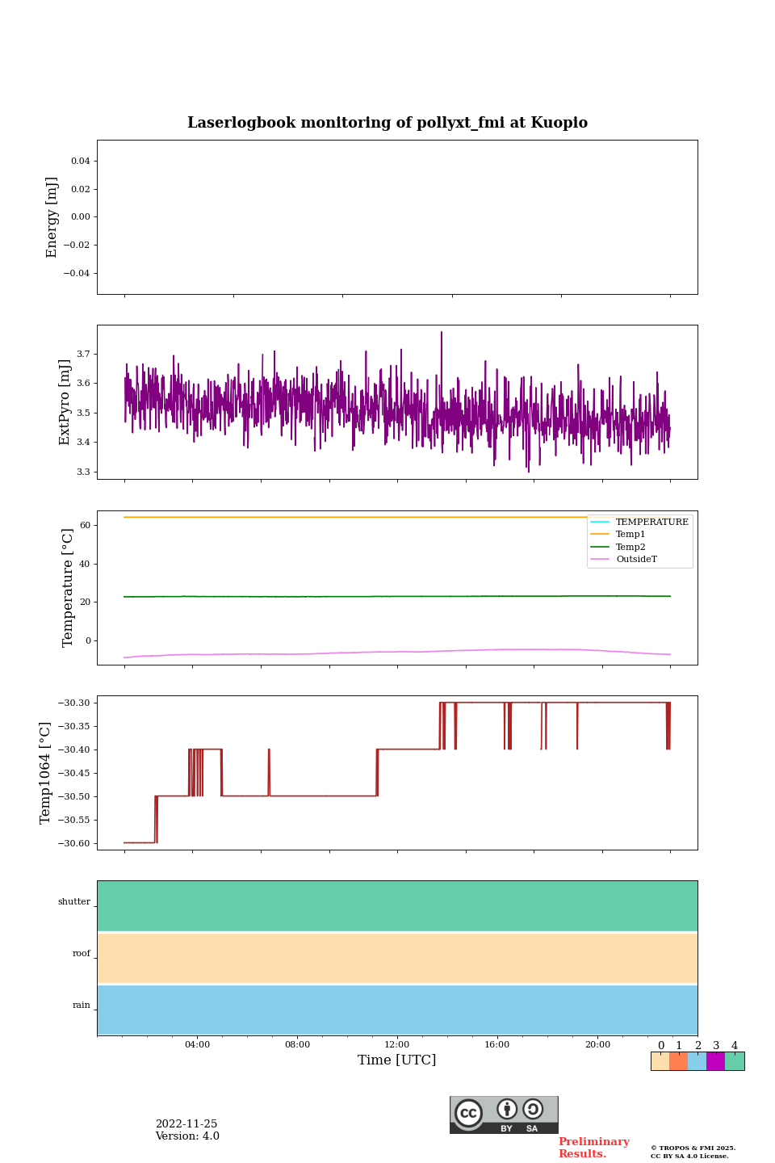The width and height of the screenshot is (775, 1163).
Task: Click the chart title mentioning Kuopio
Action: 387,123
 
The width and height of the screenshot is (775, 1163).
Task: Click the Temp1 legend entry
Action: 630,535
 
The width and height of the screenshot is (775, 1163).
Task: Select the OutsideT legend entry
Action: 636,560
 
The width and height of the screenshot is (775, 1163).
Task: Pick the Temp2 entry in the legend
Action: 630,547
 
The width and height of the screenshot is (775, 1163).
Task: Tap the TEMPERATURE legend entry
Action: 651,523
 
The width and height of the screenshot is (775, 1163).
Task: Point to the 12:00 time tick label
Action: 397,1045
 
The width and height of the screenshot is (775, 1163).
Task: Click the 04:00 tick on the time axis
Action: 197,1045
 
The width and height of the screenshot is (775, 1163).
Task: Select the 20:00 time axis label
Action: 597,1045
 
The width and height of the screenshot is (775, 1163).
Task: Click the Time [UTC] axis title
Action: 397,1060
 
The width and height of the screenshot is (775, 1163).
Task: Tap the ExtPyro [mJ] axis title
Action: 65,402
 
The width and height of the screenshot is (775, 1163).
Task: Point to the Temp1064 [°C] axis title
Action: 46,773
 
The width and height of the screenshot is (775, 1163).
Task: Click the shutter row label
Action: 74,902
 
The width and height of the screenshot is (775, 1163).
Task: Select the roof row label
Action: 82,954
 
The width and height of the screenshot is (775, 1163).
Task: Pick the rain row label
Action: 82,1006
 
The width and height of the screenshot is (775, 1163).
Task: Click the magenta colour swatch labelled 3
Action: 715,1061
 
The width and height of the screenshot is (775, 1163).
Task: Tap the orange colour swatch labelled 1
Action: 678,1061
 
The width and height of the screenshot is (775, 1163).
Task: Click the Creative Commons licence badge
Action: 504,1115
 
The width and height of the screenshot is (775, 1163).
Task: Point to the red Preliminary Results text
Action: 593,1148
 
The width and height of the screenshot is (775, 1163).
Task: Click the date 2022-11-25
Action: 186,1124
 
